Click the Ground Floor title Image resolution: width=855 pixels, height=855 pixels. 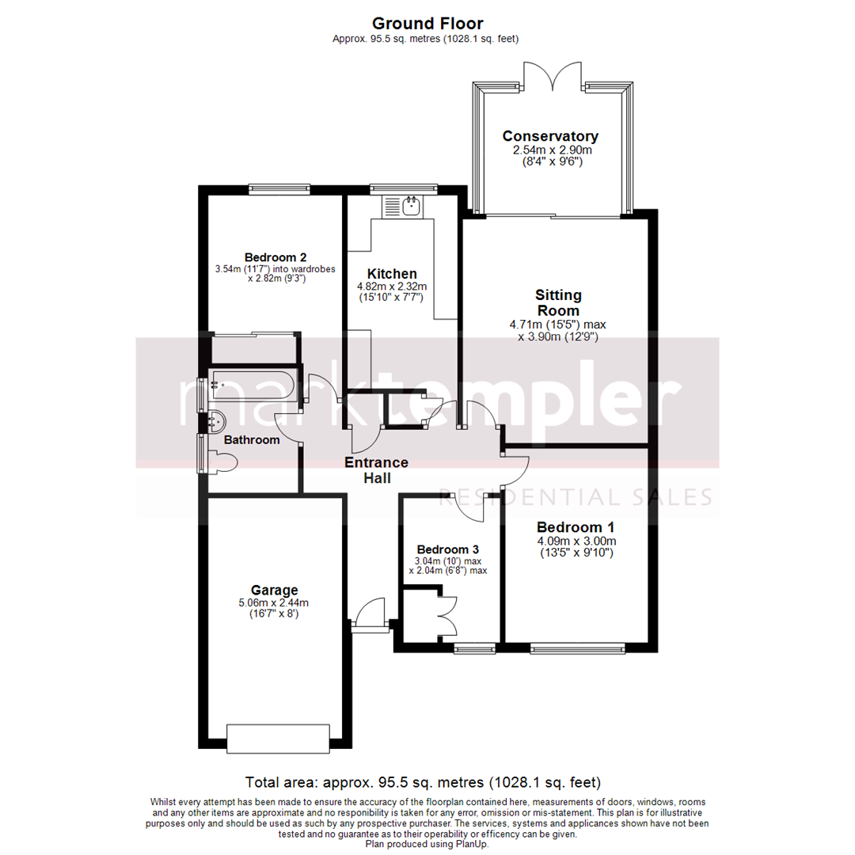tap(427, 24)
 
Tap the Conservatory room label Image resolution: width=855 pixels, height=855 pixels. tap(550, 136)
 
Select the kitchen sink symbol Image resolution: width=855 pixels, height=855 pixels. tap(411, 207)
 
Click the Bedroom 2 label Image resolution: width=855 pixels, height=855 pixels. tap(275, 257)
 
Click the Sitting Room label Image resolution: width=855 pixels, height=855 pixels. tap(558, 303)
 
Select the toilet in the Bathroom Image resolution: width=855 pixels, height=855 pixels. tap(222, 462)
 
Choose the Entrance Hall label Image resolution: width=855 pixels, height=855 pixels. tap(376, 470)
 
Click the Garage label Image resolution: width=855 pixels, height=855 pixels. tap(274, 590)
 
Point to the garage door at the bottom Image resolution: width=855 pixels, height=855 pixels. tap(278, 739)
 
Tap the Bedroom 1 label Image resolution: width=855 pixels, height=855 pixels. tap(576, 527)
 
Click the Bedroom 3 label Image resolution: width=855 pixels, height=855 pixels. tap(448, 549)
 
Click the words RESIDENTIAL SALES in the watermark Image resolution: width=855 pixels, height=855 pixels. tap(576, 497)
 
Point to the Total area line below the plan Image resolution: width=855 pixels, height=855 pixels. tap(424, 782)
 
